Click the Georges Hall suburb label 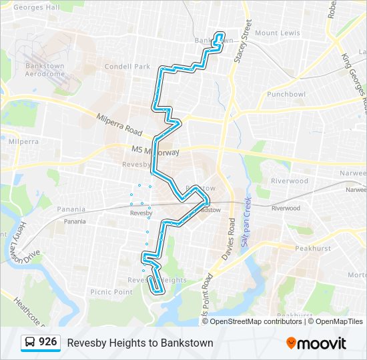coord(37,8)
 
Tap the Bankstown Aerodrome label coord(45,70)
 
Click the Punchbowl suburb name coord(286,95)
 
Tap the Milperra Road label coord(121,123)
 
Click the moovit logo coord(316,343)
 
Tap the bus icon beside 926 coord(31,343)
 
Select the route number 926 coord(47,342)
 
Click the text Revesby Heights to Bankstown coord(140,343)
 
